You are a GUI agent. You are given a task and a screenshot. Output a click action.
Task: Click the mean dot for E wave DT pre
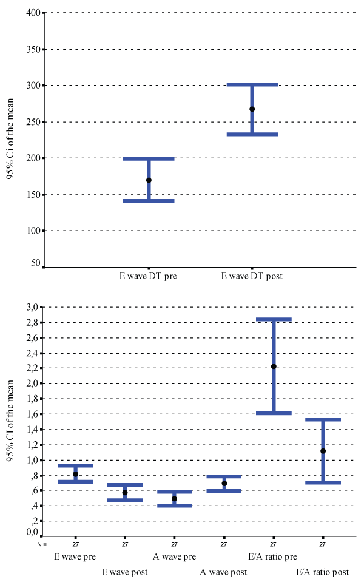[x=149, y=180]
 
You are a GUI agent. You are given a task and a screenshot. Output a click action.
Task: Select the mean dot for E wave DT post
[x=252, y=109]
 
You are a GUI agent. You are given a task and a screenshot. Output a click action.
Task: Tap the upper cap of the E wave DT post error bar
[x=252, y=84]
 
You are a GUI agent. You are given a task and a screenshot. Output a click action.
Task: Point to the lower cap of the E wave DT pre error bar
[x=149, y=201]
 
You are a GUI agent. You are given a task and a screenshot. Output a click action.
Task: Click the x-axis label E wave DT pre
[x=148, y=276]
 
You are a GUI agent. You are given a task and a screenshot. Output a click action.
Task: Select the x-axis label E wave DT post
[x=252, y=276]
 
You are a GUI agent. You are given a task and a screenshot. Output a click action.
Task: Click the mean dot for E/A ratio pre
[x=274, y=366]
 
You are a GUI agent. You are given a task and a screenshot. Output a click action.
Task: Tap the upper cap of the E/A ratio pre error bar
[x=274, y=319]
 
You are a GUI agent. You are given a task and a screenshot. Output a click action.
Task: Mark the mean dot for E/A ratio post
[x=323, y=451]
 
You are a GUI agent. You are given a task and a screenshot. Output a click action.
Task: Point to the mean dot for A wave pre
[x=174, y=498]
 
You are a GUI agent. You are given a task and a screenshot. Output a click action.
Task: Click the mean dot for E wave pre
[x=76, y=474]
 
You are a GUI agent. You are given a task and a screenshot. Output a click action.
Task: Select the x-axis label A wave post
[x=224, y=572]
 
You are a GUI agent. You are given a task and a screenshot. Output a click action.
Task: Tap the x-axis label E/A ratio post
[x=323, y=572]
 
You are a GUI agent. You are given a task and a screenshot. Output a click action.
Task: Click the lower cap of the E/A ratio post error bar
[x=323, y=482]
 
